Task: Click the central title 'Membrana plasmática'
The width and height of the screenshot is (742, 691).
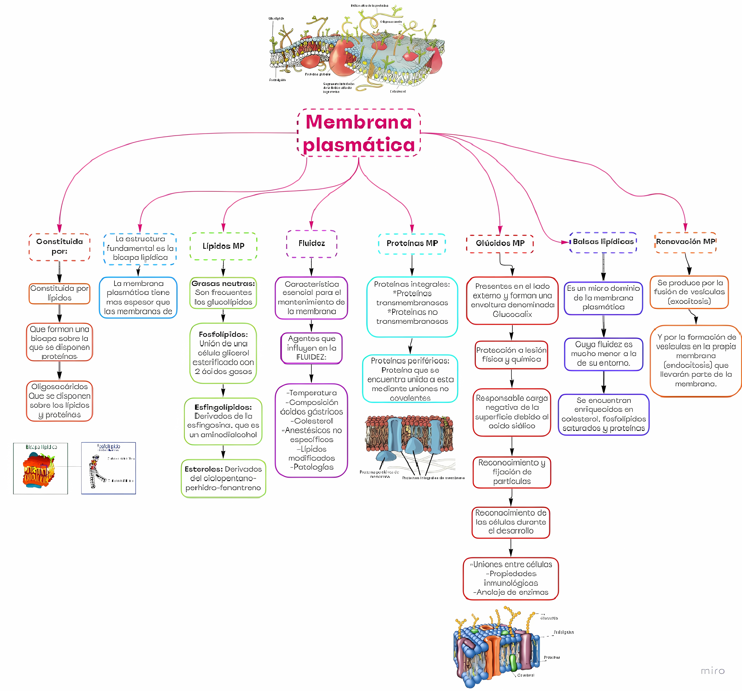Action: [359, 133]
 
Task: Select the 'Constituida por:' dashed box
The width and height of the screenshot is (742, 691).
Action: [59, 247]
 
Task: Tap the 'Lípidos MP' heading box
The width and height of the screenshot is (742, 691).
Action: [223, 246]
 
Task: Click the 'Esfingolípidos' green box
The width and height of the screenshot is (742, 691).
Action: [223, 421]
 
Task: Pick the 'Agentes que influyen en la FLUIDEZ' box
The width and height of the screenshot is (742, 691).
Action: [311, 348]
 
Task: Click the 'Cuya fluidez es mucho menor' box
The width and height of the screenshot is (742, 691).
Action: [603, 354]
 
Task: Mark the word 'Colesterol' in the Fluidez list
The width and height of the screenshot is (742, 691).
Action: [313, 421]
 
